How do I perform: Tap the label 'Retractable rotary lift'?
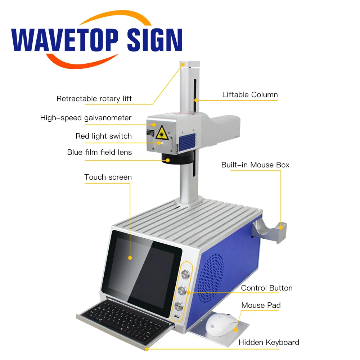point(94,99)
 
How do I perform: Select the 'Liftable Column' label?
point(250,95)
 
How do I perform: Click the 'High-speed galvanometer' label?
point(86,118)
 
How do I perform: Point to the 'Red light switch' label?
point(103,136)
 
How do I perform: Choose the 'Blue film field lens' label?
point(99,152)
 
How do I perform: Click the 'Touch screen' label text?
point(108,177)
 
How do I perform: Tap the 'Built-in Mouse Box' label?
point(255,165)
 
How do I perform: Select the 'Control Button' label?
point(267,288)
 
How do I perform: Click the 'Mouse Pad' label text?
point(261,306)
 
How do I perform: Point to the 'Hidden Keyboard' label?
point(269,342)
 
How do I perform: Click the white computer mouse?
point(222,323)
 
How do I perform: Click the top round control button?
point(185,275)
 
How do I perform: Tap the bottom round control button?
point(179,306)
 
